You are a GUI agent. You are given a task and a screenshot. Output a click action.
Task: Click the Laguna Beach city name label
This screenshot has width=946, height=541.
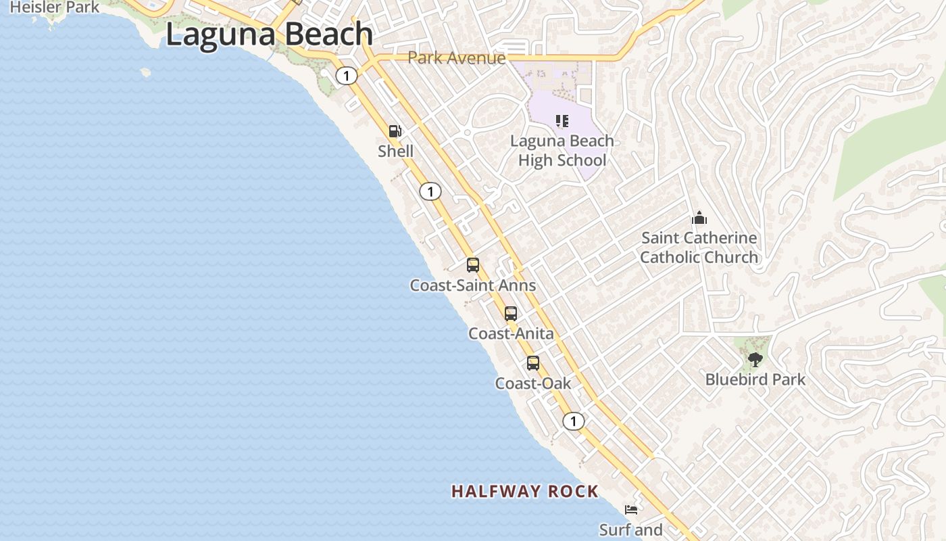(269, 34)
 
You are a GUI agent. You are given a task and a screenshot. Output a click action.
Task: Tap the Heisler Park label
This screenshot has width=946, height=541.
(55, 7)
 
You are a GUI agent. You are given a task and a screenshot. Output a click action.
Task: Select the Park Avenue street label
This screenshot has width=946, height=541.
(456, 57)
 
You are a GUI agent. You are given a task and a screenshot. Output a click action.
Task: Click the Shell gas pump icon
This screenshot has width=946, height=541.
(395, 131)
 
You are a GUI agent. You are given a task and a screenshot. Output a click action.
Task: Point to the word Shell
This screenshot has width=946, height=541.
(395, 151)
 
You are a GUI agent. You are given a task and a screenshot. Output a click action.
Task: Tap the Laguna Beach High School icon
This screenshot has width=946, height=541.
(562, 121)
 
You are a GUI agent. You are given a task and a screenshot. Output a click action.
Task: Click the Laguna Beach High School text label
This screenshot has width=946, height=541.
(562, 151)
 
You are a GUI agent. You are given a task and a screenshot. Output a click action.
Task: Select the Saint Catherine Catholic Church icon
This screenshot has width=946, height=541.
(699, 218)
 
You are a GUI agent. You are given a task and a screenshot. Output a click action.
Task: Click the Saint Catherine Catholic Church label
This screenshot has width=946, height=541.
(699, 248)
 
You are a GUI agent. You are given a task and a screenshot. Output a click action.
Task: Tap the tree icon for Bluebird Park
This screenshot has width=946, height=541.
(755, 360)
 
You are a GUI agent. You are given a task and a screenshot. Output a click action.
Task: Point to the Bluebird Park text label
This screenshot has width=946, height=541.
(755, 379)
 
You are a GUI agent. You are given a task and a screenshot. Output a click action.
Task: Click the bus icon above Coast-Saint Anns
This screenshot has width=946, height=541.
(473, 265)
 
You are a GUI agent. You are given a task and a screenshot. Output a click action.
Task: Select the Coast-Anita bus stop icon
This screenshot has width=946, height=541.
(511, 314)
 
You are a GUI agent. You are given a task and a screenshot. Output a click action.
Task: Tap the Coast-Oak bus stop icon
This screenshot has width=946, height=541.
(533, 363)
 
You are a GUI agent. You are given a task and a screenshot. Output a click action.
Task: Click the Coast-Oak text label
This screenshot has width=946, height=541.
(533, 383)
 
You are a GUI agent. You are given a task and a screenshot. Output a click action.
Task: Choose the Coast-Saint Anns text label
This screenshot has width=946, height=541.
(473, 285)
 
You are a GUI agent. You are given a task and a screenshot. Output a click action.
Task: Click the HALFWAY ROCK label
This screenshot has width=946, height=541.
(525, 492)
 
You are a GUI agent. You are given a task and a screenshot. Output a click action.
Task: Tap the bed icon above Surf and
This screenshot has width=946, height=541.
(631, 510)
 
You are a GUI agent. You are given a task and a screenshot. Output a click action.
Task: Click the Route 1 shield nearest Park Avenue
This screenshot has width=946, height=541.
(347, 76)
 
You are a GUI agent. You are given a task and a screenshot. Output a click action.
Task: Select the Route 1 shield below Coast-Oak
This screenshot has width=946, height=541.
(573, 421)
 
